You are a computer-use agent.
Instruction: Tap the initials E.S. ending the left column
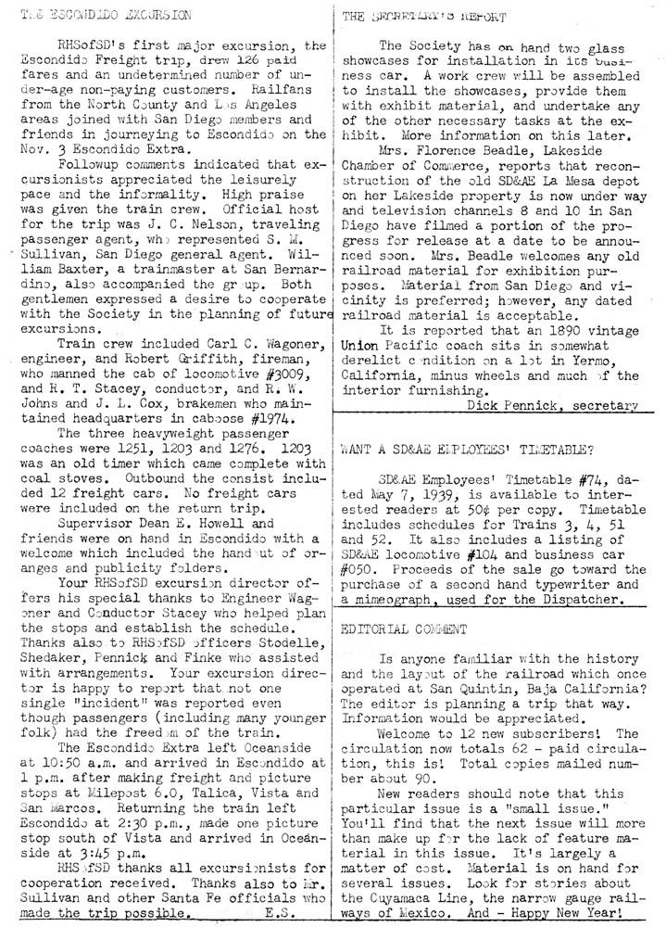278,910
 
